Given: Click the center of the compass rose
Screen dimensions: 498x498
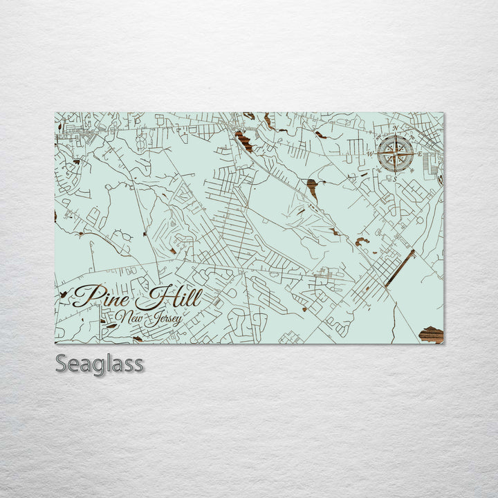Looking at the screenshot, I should point(396,153).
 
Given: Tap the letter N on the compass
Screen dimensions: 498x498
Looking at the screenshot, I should point(396,129).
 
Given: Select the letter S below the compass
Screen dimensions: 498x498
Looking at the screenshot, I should point(396,178).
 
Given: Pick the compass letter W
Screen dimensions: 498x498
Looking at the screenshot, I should point(370,154).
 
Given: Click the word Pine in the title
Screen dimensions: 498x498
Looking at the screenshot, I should point(100,297).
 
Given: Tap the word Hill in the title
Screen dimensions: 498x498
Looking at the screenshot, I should point(168,298).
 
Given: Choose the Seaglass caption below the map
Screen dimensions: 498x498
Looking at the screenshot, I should point(100,363).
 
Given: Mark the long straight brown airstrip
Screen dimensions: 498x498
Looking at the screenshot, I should point(400,268).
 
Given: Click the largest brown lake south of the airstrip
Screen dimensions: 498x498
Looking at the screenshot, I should point(431,335).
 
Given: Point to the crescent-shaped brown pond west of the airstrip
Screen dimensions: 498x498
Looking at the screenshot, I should point(362,241).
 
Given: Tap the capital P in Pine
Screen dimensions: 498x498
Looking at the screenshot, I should point(82,296).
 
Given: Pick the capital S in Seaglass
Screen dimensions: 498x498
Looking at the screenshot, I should point(62,363).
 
